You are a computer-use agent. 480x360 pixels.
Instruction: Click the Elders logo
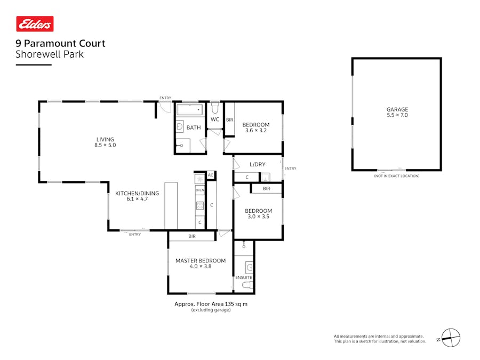point(35,24)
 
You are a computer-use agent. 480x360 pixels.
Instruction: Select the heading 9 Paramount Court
point(60,44)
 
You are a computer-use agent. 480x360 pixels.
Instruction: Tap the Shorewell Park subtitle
point(50,54)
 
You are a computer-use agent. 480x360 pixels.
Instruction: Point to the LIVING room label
point(105,140)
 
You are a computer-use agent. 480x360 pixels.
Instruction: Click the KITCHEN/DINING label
point(137,194)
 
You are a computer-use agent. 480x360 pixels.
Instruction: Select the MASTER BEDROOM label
point(201,261)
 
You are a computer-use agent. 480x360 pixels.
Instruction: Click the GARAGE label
point(397,109)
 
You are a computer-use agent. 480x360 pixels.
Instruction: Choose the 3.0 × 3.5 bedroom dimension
point(259,217)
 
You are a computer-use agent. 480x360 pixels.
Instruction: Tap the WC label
point(215,119)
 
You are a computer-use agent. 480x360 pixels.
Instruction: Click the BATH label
point(193,127)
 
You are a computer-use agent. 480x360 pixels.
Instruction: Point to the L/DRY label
point(258,164)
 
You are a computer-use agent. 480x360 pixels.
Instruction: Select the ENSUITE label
point(244,278)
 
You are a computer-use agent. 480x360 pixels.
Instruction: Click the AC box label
point(211,175)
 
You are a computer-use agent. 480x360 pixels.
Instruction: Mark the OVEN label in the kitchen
point(200,190)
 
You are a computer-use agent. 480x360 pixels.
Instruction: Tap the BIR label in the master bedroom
point(192,236)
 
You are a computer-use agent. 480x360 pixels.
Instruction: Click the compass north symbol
point(450,338)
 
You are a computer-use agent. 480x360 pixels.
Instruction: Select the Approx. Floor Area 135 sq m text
point(211,304)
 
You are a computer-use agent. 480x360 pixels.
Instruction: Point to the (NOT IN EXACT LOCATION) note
point(396,176)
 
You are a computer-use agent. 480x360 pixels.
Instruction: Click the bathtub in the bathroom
point(190,110)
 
